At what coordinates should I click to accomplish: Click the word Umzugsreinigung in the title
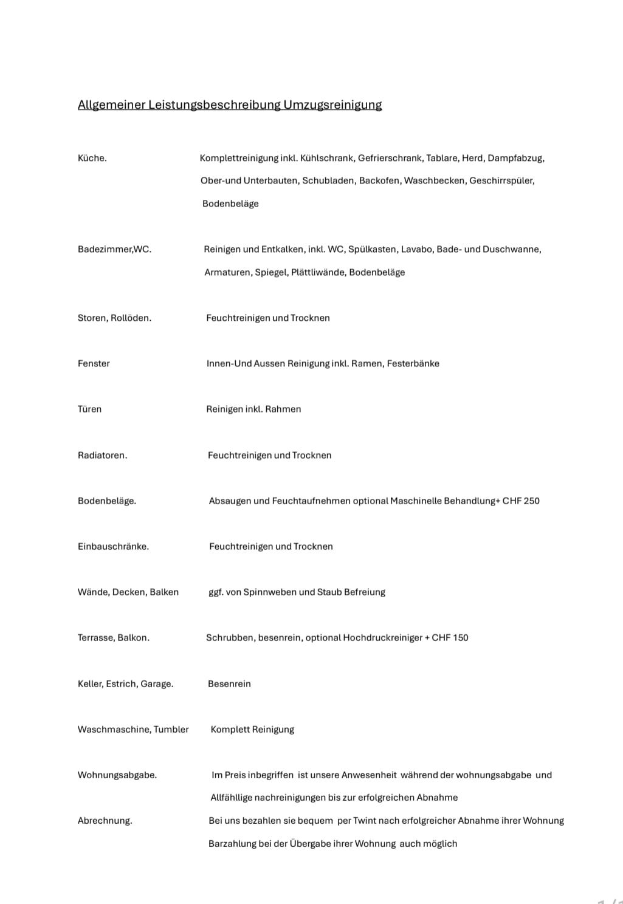[x=332, y=104]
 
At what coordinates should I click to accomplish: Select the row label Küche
[x=92, y=158]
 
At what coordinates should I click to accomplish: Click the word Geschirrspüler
[x=501, y=180]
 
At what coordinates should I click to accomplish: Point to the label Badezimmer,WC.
[x=114, y=249]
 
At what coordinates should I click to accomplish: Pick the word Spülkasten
[x=373, y=249]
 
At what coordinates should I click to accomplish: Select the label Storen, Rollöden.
[x=114, y=318]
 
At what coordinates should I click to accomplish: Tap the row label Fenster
[x=94, y=363]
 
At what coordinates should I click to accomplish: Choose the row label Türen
[x=89, y=409]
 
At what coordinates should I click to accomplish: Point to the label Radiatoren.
[x=102, y=455]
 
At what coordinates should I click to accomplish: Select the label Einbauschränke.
[x=113, y=546]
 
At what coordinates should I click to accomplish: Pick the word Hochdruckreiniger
[x=382, y=637]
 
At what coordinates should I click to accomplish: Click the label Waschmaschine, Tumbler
[x=133, y=729]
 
